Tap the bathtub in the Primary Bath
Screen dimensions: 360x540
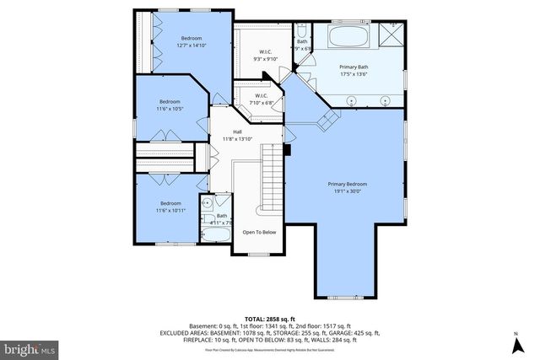pyautogui.click(x=348, y=37)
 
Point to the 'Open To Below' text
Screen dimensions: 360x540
pyautogui.click(x=259, y=232)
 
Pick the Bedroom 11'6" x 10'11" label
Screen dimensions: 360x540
pyautogui.click(x=171, y=203)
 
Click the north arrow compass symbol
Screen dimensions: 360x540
pyautogui.click(x=515, y=344)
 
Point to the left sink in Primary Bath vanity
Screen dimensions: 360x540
pyautogui.click(x=352, y=99)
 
